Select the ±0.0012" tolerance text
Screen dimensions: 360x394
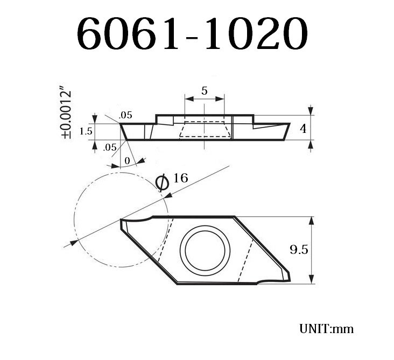pyautogui.click(x=67, y=114)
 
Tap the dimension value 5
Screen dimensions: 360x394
pyautogui.click(x=205, y=90)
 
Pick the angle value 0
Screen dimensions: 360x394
pyautogui.click(x=127, y=160)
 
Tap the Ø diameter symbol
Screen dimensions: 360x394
pyautogui.click(x=161, y=183)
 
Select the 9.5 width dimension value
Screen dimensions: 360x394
pyautogui.click(x=299, y=250)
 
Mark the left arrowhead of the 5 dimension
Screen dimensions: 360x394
pyautogui.click(x=187, y=98)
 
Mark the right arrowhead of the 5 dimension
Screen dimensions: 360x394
pyautogui.click(x=221, y=98)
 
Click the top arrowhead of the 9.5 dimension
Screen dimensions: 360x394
pyautogui.click(x=311, y=220)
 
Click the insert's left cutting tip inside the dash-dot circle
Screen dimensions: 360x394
pyautogui.click(x=121, y=220)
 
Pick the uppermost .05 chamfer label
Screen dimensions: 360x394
pyautogui.click(x=125, y=115)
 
